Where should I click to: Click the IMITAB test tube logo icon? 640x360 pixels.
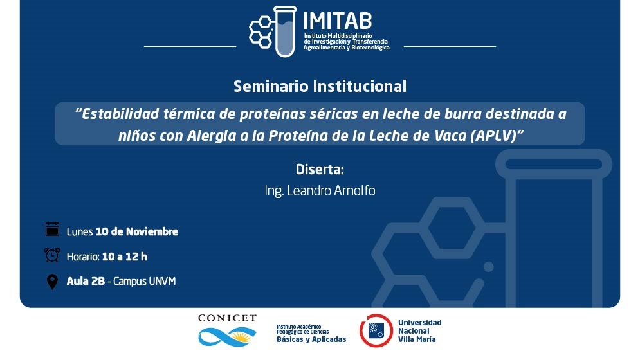point(273,32)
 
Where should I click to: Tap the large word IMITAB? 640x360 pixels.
point(337,21)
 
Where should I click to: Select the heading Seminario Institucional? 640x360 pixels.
point(320,87)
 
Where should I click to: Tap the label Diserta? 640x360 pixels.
point(320,169)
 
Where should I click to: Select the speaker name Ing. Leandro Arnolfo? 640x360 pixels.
point(320,191)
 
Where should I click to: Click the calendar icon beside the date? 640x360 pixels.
point(52,229)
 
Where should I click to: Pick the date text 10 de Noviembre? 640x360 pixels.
point(137,231)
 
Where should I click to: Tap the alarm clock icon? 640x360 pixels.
point(52,255)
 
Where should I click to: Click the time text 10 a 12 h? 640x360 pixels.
point(125,256)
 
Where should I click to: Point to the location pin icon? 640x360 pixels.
point(52,281)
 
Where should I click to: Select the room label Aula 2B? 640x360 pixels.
point(86,281)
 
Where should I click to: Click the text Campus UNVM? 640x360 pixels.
point(145,281)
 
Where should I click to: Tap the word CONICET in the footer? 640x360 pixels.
point(227,318)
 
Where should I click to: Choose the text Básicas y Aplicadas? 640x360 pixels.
point(311,339)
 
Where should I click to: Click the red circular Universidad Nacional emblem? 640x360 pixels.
point(376,330)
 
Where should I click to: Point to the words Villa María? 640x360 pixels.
point(417,339)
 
